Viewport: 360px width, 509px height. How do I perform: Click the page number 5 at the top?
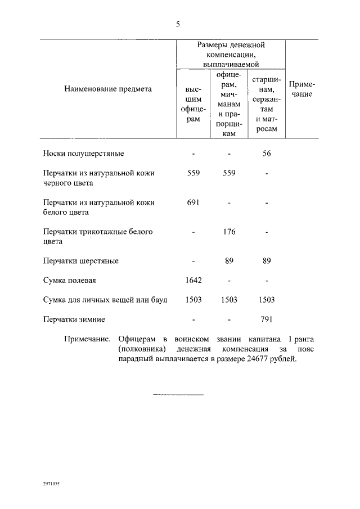coord(178,24)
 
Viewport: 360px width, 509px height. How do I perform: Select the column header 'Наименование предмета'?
coord(108,88)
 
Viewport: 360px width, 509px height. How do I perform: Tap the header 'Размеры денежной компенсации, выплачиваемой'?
coord(231,55)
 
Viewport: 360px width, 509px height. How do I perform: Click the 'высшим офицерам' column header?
coord(193,103)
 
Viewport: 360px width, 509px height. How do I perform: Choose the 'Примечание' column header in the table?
coord(301,89)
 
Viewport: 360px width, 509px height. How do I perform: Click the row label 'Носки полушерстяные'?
coord(83,153)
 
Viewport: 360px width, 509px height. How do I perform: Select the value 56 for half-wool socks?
coord(267,153)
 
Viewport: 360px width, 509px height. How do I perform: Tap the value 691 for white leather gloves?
coord(193,202)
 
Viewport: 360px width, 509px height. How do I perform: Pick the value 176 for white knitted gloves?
coord(229,231)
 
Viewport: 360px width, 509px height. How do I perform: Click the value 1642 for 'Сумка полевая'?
coord(193,280)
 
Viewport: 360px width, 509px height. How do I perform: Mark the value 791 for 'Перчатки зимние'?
coord(267,319)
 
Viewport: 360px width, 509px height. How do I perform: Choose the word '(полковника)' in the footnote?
coord(139,349)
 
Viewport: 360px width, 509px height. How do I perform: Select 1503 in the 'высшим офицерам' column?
coord(193,300)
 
